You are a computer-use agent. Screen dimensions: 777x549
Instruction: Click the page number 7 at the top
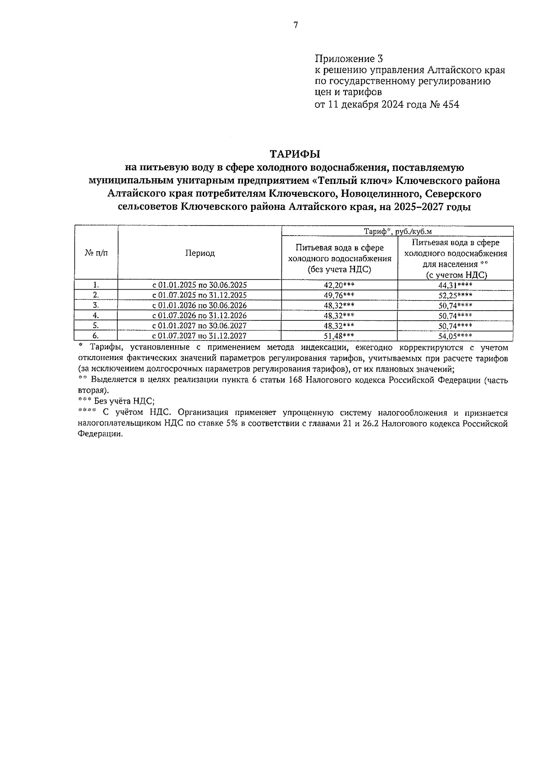click(296, 25)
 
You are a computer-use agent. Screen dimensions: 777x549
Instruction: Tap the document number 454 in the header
click(450, 105)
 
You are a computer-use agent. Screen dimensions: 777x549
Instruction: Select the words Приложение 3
click(348, 59)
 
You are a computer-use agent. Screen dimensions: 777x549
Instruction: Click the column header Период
click(200, 253)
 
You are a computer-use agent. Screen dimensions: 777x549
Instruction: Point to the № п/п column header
click(97, 253)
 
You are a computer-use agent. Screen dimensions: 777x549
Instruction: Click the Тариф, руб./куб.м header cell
click(397, 231)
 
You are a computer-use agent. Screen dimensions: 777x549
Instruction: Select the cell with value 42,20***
click(339, 285)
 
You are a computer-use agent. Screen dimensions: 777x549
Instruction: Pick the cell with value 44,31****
click(455, 285)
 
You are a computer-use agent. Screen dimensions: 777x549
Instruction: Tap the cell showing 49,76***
click(339, 295)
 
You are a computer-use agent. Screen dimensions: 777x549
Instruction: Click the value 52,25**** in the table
click(455, 295)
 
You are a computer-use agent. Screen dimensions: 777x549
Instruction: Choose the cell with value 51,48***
click(339, 336)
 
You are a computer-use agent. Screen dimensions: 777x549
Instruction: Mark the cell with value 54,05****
click(455, 336)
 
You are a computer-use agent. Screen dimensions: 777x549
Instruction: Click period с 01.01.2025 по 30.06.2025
click(200, 285)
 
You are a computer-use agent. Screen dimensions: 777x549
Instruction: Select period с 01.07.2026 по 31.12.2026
click(200, 315)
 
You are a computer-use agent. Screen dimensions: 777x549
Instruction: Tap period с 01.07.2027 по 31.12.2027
click(200, 336)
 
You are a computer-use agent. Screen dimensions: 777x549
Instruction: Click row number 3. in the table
click(96, 305)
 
